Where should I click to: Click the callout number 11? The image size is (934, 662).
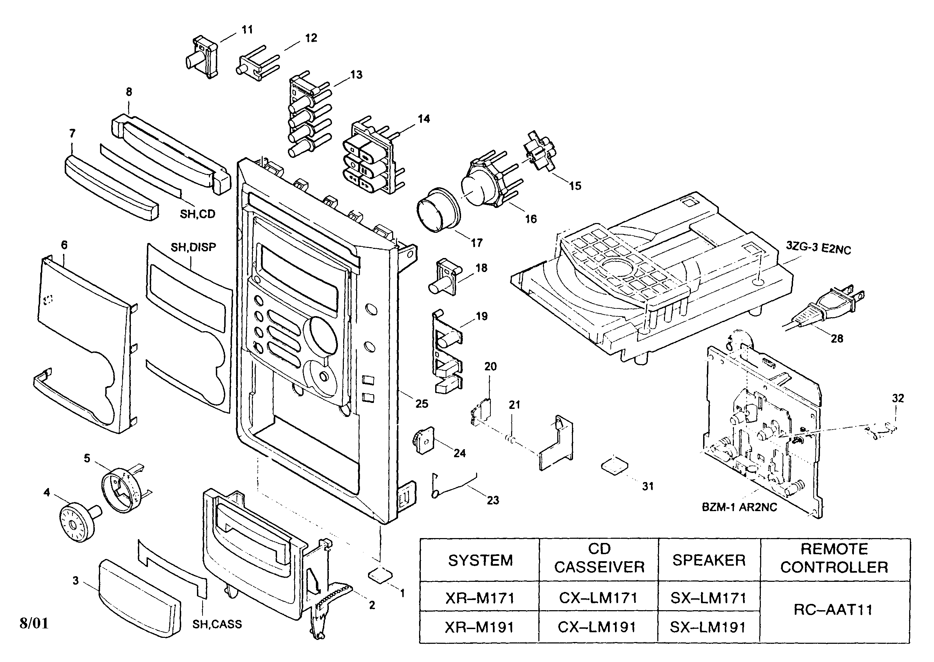click(247, 29)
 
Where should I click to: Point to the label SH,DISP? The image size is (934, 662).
click(193, 247)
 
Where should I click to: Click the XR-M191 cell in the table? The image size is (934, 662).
click(480, 627)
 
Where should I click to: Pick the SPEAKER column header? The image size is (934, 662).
click(709, 560)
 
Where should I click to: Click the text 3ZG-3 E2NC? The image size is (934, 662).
click(818, 248)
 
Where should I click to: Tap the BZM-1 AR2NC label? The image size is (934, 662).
click(739, 507)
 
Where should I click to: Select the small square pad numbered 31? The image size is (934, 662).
click(614, 466)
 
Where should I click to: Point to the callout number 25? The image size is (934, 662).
click(422, 404)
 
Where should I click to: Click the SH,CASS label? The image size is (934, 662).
click(217, 624)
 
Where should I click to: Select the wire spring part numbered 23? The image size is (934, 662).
click(452, 486)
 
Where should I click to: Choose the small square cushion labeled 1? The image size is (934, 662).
click(380, 575)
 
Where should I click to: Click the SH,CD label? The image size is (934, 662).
click(198, 214)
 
